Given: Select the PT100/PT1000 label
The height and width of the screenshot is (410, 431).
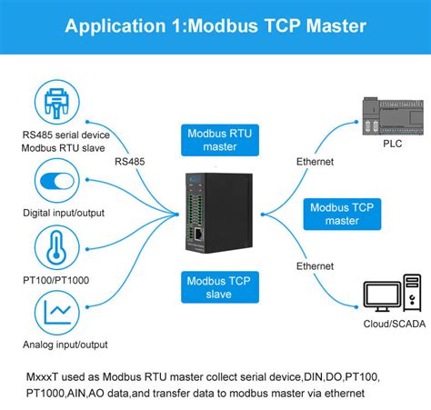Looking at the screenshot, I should click(x=55, y=282).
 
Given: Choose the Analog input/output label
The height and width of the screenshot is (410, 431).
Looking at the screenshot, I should click(x=65, y=345).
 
